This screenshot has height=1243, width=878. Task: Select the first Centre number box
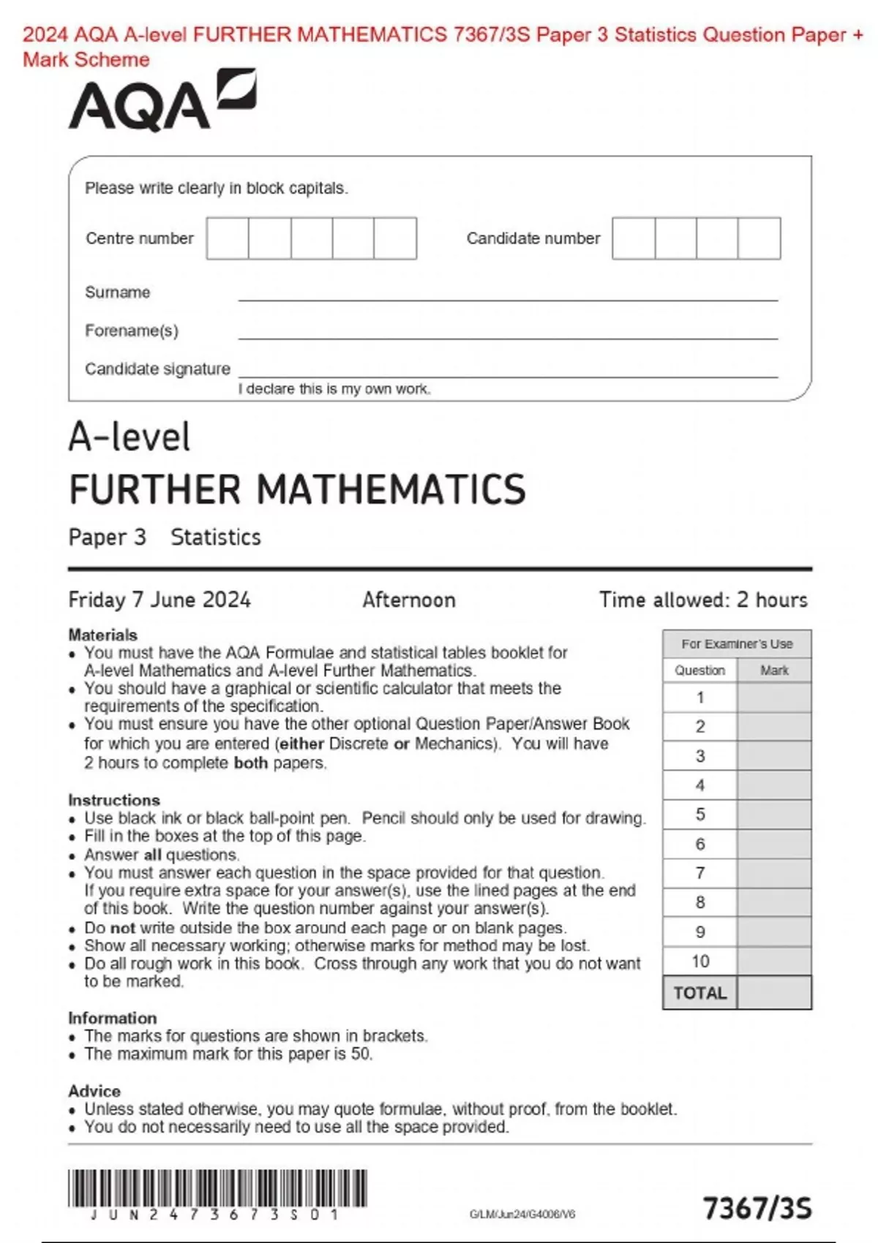pyautogui.click(x=228, y=238)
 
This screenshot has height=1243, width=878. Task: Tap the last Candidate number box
pyautogui.click(x=759, y=238)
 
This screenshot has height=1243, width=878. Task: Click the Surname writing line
pyautogui.click(x=507, y=294)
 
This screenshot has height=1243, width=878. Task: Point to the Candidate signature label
pyautogui.click(x=157, y=369)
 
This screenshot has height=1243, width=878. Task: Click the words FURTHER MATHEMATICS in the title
pyautogui.click(x=297, y=490)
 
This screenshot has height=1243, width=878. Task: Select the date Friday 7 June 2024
pyautogui.click(x=160, y=600)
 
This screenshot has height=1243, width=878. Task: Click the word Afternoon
pyautogui.click(x=408, y=600)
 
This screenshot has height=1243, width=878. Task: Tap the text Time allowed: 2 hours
pyautogui.click(x=703, y=600)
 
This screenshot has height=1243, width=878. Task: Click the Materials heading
pyautogui.click(x=103, y=635)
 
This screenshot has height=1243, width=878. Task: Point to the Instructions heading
pyautogui.click(x=114, y=800)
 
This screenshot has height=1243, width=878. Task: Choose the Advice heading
pyautogui.click(x=94, y=1091)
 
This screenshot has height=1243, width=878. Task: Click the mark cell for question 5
pyautogui.click(x=774, y=815)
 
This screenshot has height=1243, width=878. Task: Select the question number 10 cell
pyautogui.click(x=700, y=961)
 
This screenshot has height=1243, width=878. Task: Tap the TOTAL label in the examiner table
pyautogui.click(x=700, y=994)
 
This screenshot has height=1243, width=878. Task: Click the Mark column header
pyautogui.click(x=774, y=670)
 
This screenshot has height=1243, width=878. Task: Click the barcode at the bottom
pyautogui.click(x=217, y=1188)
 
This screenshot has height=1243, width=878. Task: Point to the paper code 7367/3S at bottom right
pyautogui.click(x=757, y=1209)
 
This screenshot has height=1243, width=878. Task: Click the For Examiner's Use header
pyautogui.click(x=737, y=644)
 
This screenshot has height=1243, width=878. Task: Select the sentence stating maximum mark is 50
pyautogui.click(x=228, y=1054)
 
